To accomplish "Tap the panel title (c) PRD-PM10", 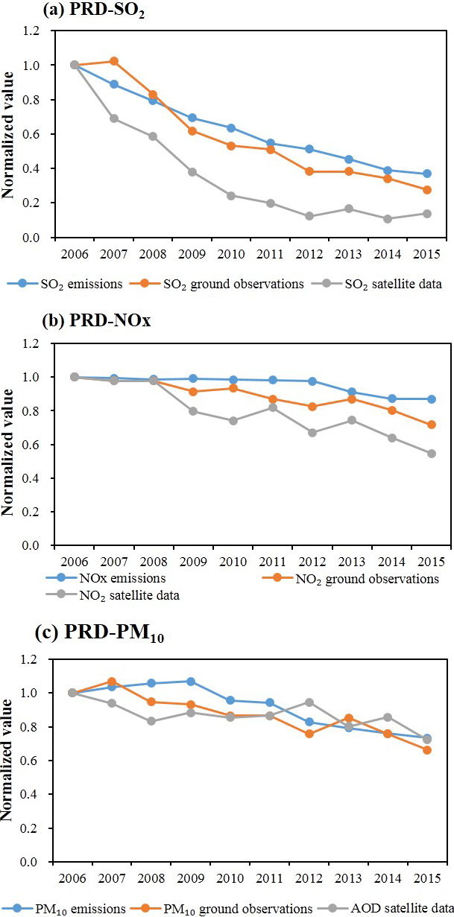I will [x=86, y=636].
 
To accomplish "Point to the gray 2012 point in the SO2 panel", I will [x=309, y=216].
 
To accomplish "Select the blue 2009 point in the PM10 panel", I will [x=192, y=682].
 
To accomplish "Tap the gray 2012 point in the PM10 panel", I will [x=309, y=702].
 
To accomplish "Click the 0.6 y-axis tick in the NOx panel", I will [x=37, y=445].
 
